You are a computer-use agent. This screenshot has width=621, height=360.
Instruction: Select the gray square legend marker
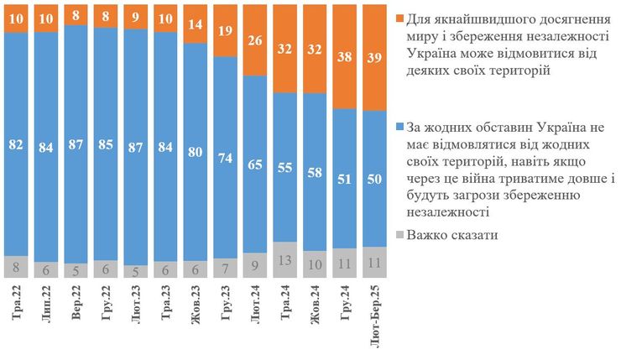398,236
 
